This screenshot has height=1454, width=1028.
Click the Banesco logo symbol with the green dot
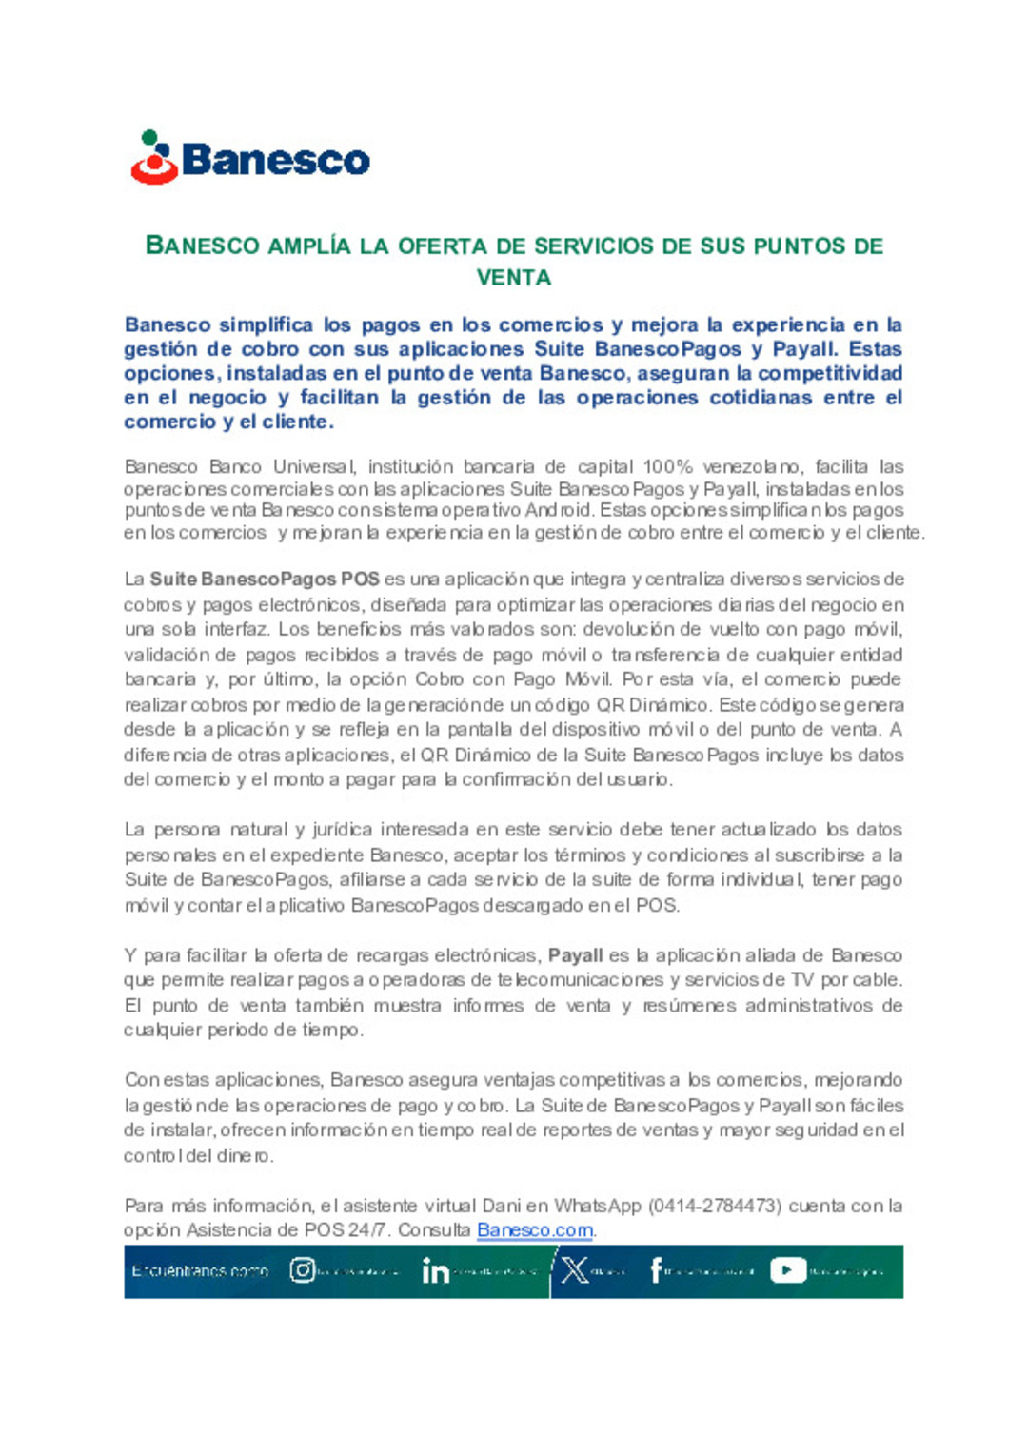point(154,158)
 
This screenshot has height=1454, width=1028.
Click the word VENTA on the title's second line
point(514,278)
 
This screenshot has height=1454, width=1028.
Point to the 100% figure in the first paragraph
point(667,466)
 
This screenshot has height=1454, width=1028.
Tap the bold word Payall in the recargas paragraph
point(575,954)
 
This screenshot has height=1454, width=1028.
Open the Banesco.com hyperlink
point(535,1229)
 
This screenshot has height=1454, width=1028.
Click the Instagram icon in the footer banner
point(303,1270)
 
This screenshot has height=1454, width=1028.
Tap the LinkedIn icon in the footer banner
point(435,1271)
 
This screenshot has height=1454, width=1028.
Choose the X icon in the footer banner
point(575,1270)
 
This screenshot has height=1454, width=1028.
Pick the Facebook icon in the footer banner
point(656,1270)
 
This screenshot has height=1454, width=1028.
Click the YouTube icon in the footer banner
point(787,1270)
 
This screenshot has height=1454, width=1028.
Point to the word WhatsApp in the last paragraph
point(598,1206)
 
